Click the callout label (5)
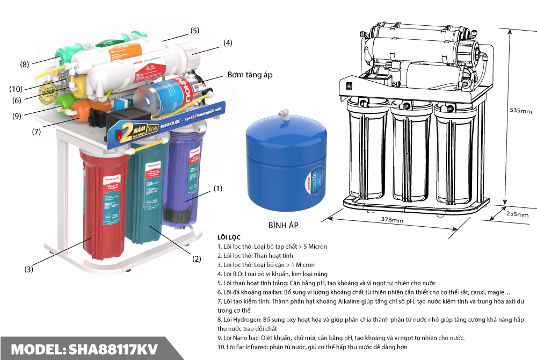(x=194, y=30)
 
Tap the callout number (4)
(x=228, y=43)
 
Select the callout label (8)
(x=25, y=64)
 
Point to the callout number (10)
(x=16, y=89)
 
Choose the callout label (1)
(x=217, y=189)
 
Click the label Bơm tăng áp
(x=250, y=75)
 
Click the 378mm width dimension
(x=392, y=220)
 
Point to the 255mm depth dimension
(x=518, y=214)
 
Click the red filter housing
(x=101, y=204)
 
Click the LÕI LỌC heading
(x=229, y=237)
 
